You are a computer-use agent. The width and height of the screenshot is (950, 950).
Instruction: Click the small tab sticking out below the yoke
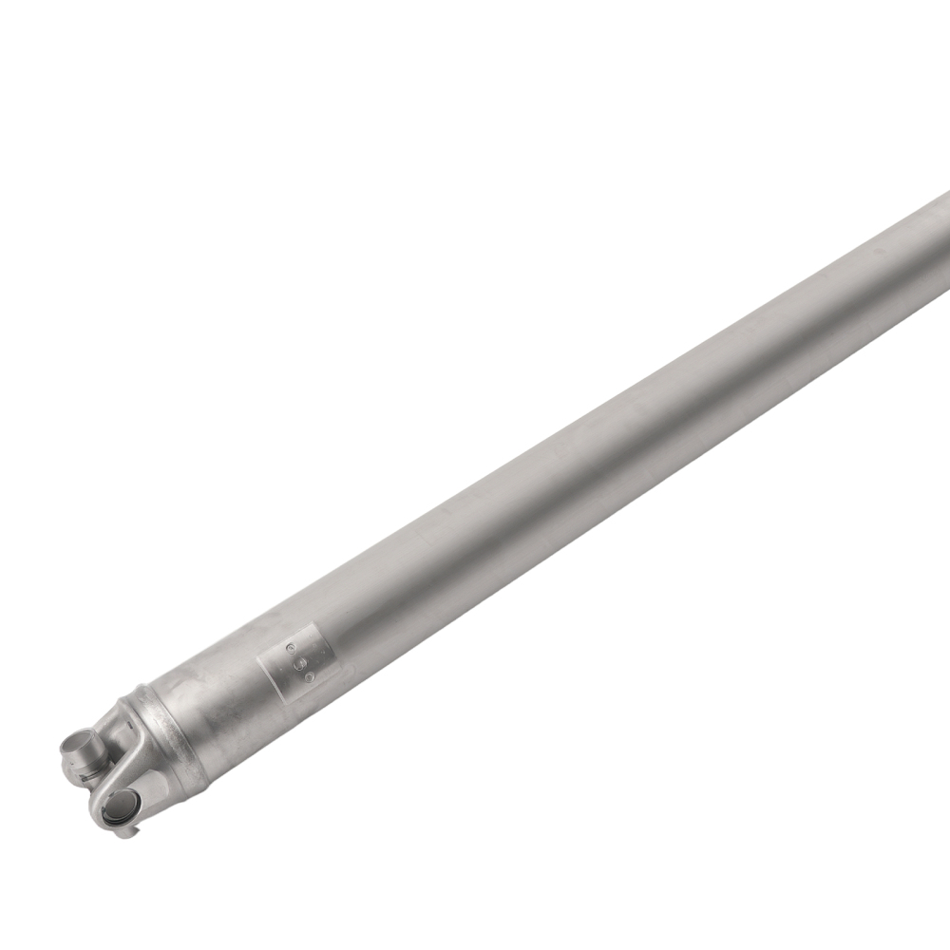(127, 833)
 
